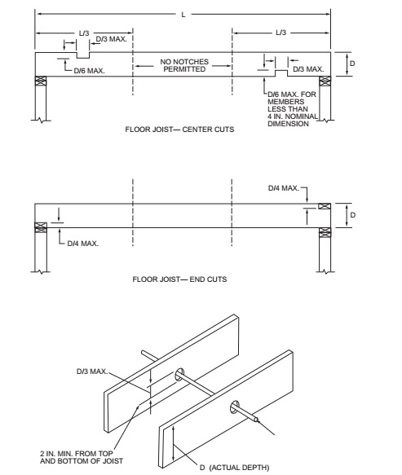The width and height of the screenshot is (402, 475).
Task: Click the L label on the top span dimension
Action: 183,15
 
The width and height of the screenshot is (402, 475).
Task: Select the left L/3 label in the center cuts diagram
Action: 84,33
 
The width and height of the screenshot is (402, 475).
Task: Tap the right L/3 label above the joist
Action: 281,33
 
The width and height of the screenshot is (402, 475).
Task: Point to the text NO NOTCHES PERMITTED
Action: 184,65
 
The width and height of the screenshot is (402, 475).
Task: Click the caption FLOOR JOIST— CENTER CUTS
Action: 179,130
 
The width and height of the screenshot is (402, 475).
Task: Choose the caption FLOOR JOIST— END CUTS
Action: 179,279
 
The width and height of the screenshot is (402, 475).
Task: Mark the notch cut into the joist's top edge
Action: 83,55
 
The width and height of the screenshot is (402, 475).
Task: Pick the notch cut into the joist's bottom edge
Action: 281,73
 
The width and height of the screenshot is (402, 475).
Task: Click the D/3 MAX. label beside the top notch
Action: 111,39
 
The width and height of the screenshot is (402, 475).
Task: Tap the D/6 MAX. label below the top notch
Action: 89,71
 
